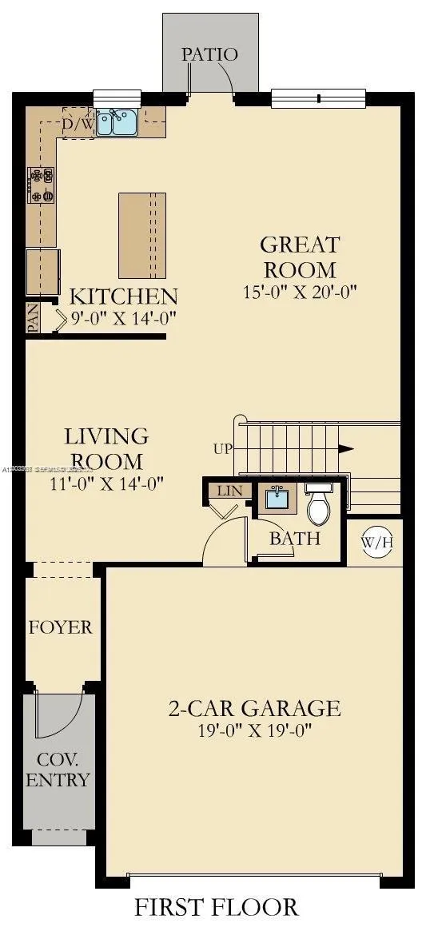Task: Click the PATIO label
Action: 209,55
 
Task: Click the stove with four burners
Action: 41,184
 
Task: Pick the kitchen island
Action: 142,235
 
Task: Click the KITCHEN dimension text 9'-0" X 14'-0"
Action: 123,318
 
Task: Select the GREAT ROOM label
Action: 300,257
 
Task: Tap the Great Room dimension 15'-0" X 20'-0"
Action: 300,292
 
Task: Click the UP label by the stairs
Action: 223,449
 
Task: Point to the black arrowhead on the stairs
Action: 345,449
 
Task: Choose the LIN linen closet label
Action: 228,491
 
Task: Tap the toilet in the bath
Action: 319,503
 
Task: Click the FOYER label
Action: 61,627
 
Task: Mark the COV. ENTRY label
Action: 58,769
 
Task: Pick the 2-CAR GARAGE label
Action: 254,708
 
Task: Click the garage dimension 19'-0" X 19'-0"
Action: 254,730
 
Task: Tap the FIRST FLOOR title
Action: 216,908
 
